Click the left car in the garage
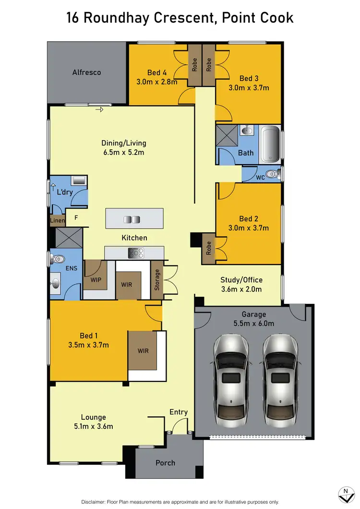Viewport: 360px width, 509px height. [x=231, y=378]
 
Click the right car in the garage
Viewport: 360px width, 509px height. [x=281, y=378]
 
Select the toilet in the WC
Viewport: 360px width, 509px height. [x=274, y=174]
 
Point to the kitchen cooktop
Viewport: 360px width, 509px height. [x=135, y=253]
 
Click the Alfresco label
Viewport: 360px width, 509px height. [x=86, y=73]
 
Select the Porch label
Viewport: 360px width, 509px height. [x=165, y=463]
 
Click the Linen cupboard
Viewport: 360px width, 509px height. [x=57, y=221]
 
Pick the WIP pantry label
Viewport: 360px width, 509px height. [x=96, y=279]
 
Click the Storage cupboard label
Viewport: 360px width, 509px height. [x=157, y=281]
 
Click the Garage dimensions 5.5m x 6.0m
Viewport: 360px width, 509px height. [x=253, y=323]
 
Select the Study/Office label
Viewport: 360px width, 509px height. [x=241, y=280]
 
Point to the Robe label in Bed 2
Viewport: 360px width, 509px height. [x=208, y=248]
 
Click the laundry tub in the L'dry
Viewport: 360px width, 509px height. [x=78, y=181]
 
